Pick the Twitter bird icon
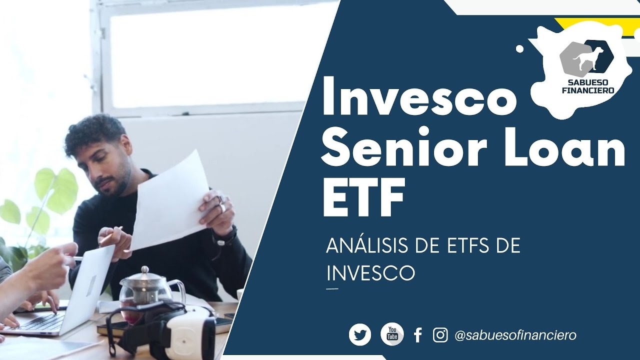tap(360, 334)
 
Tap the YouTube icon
tap(392, 334)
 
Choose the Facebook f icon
tap(418, 335)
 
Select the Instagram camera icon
tap(440, 334)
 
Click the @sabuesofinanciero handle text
tap(515, 335)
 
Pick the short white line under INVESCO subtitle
tap(332, 288)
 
